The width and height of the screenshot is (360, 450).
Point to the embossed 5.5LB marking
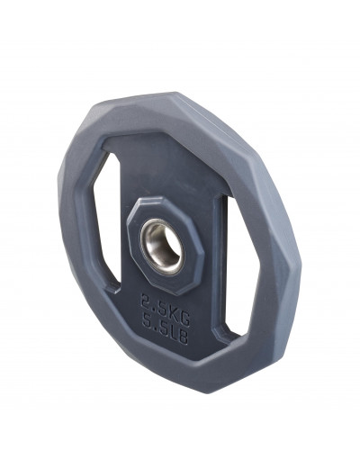click(166, 329)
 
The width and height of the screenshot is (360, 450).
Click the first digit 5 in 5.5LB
click(148, 322)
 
